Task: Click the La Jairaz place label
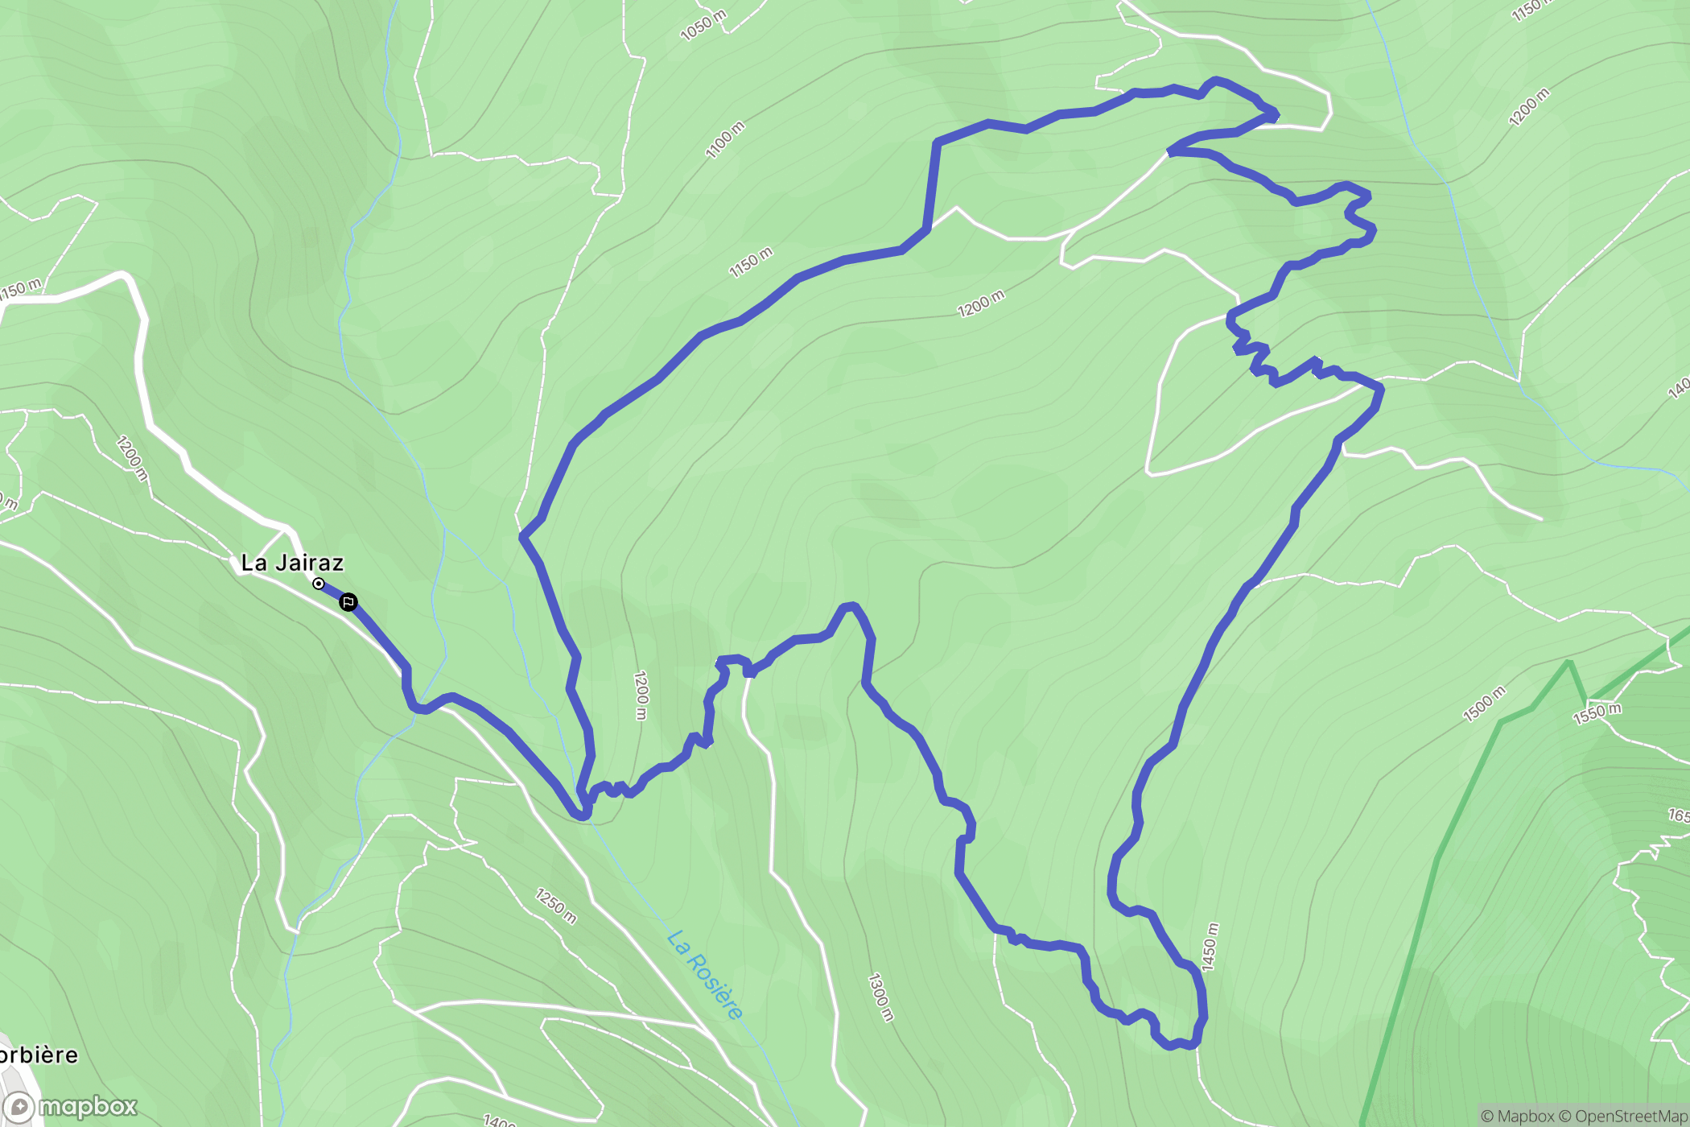(x=292, y=563)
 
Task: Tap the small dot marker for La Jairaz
(x=319, y=584)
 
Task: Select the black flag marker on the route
(x=348, y=602)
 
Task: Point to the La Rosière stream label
(x=705, y=974)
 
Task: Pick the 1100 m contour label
(x=725, y=139)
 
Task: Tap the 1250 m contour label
(x=556, y=906)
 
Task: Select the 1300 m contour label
(x=880, y=997)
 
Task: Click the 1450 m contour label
(x=1210, y=947)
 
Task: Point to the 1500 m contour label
(x=1483, y=704)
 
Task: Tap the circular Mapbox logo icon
(x=19, y=1108)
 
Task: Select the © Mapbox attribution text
(x=1518, y=1116)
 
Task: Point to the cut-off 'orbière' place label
(x=39, y=1055)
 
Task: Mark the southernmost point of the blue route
(x=1171, y=1046)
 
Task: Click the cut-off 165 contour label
(x=1679, y=815)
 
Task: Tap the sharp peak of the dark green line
(x=1569, y=663)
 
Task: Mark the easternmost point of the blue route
(x=1381, y=390)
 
